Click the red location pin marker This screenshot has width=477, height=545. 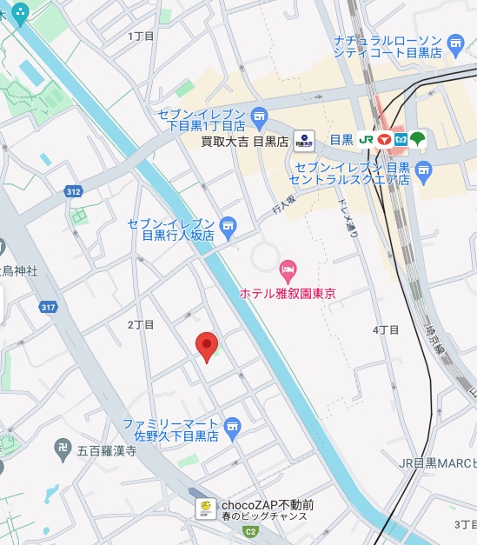click(x=206, y=346)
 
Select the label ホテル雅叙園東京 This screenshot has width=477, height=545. click(x=288, y=294)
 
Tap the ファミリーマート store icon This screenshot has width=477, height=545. click(x=232, y=427)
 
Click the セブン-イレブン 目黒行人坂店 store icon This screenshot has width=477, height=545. click(x=228, y=229)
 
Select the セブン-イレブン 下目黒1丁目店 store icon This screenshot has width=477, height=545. click(x=258, y=116)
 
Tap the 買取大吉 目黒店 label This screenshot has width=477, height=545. click(x=244, y=140)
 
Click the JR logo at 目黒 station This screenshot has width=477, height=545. click(x=366, y=139)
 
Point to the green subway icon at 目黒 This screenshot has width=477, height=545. click(x=417, y=139)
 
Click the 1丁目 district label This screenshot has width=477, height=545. click(x=141, y=36)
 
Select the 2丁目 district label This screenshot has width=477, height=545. click(x=141, y=324)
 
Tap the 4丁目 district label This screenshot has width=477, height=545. click(x=386, y=329)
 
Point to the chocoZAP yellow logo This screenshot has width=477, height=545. click(x=205, y=508)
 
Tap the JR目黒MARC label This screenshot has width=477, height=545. click(x=439, y=462)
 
